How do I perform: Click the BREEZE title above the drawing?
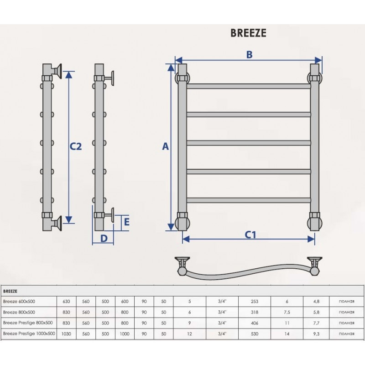(x=248, y=33)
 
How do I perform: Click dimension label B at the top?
(x=249, y=55)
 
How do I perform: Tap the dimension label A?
(x=165, y=146)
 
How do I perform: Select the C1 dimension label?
(x=250, y=235)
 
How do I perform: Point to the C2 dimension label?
(x=76, y=146)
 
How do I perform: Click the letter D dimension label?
(x=104, y=238)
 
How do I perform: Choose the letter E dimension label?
(x=127, y=222)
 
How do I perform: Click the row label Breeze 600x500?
(x=19, y=302)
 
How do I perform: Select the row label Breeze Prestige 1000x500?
(x=29, y=334)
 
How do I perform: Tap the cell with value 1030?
(x=66, y=334)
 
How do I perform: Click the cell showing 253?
(x=255, y=302)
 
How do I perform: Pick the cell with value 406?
(x=255, y=323)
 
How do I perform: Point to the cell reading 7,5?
(x=287, y=313)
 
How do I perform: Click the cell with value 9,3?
(x=316, y=334)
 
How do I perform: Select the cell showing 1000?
(x=125, y=334)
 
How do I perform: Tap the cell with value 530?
(x=255, y=334)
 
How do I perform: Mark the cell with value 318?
(x=255, y=313)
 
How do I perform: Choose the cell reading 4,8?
(x=316, y=302)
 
